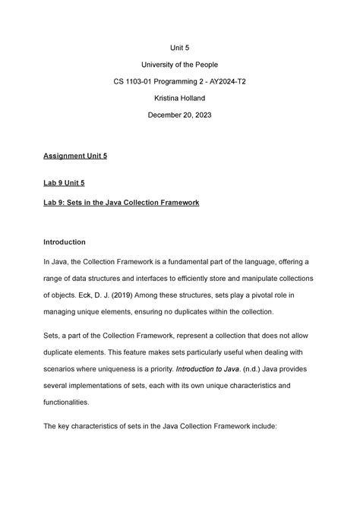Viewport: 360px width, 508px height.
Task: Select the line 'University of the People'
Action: (179, 65)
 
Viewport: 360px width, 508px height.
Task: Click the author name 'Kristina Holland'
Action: (179, 99)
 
